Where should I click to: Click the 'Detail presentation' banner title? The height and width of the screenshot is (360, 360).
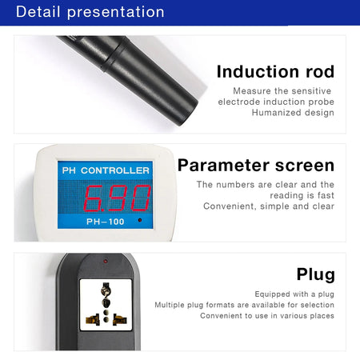point(90,12)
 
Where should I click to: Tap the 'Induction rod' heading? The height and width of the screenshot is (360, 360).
point(275,71)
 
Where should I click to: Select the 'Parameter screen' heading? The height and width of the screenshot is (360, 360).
point(256,166)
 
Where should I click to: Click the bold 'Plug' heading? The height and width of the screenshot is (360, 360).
point(315,274)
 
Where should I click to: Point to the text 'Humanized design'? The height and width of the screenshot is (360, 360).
point(293,113)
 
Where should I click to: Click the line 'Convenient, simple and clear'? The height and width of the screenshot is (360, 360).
point(269,206)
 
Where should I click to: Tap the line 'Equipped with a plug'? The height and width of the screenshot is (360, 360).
point(294,294)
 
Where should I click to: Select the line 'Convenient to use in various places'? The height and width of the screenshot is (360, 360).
point(266,316)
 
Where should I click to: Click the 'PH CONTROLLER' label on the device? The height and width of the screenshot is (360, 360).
point(105,171)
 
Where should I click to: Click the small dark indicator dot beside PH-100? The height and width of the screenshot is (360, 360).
point(140,220)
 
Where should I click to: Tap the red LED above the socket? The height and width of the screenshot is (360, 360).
point(105,261)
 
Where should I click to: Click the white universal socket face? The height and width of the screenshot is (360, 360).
point(105,304)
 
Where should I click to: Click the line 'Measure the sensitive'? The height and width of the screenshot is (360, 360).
point(282,91)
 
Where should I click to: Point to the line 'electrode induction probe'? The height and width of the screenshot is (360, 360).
point(276,102)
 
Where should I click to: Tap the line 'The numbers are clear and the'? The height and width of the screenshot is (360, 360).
point(266,184)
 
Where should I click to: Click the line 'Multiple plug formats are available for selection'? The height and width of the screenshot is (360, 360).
point(245,305)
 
